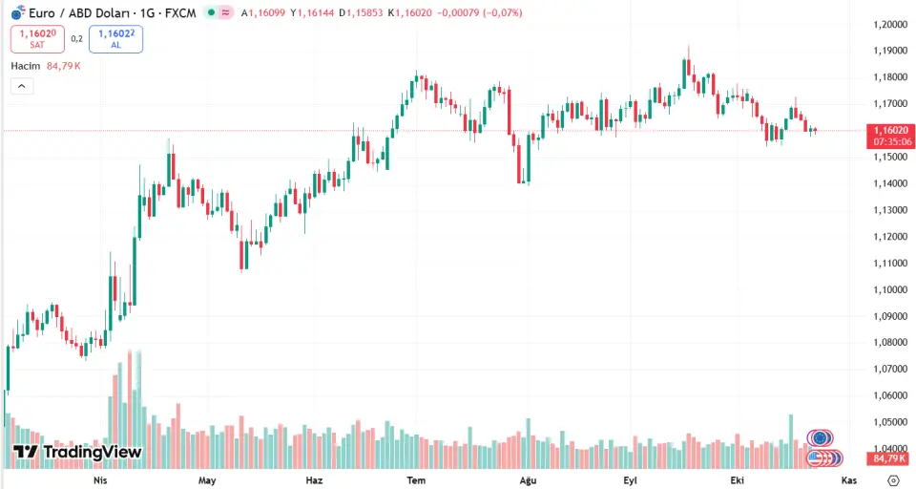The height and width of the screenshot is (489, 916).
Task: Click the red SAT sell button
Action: click(37, 39)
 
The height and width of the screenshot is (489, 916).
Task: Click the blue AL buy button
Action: click(115, 39)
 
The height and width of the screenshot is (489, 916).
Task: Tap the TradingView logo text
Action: click(78, 452)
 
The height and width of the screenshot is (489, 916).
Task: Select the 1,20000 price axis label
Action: click(888, 24)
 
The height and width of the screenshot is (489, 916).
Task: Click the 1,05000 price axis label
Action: click(888, 422)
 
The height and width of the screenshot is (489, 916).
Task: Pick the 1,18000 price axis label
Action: click(888, 77)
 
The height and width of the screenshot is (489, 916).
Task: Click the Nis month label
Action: click(99, 479)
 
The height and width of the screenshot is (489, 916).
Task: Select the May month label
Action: click(207, 479)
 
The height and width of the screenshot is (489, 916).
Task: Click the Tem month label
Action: click(416, 479)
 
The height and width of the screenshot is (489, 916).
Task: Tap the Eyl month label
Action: click(630, 479)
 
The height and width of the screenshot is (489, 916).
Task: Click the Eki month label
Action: click(736, 479)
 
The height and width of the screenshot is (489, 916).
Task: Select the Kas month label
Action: click(848, 479)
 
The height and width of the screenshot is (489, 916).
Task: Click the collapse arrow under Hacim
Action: click(22, 86)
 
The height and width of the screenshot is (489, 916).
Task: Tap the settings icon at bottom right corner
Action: click(893, 479)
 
